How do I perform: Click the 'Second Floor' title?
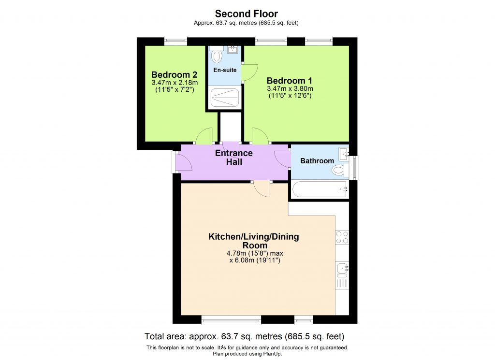[x=247, y=14]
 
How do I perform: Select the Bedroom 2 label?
[x=174, y=75]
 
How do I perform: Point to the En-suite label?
[x=225, y=70]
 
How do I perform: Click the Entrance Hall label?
[x=233, y=158]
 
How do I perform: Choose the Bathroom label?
[x=317, y=161]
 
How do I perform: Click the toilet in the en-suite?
[x=217, y=56]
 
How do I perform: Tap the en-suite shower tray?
[x=225, y=98]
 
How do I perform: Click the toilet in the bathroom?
[x=340, y=170]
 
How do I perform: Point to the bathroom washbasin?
[x=344, y=154]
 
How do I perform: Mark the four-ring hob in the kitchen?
[x=342, y=237]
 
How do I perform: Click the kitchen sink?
[x=342, y=268]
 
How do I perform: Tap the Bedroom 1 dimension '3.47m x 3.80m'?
[x=290, y=89]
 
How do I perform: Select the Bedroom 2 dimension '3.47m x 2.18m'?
[x=174, y=83]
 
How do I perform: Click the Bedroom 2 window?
[x=175, y=41]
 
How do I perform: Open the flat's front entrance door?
[x=183, y=163]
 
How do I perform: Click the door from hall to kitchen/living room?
[x=262, y=189]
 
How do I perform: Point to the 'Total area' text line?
[x=245, y=336]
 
